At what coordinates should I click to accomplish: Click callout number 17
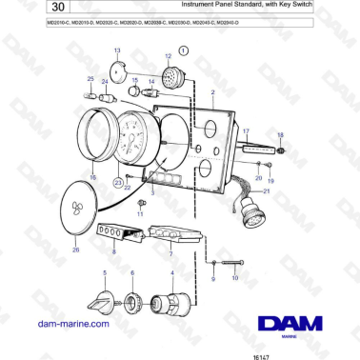coord(245,130)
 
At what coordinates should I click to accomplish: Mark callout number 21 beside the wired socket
coord(267,191)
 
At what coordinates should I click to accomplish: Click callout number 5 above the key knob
coord(105,273)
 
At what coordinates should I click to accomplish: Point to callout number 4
coord(171,273)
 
